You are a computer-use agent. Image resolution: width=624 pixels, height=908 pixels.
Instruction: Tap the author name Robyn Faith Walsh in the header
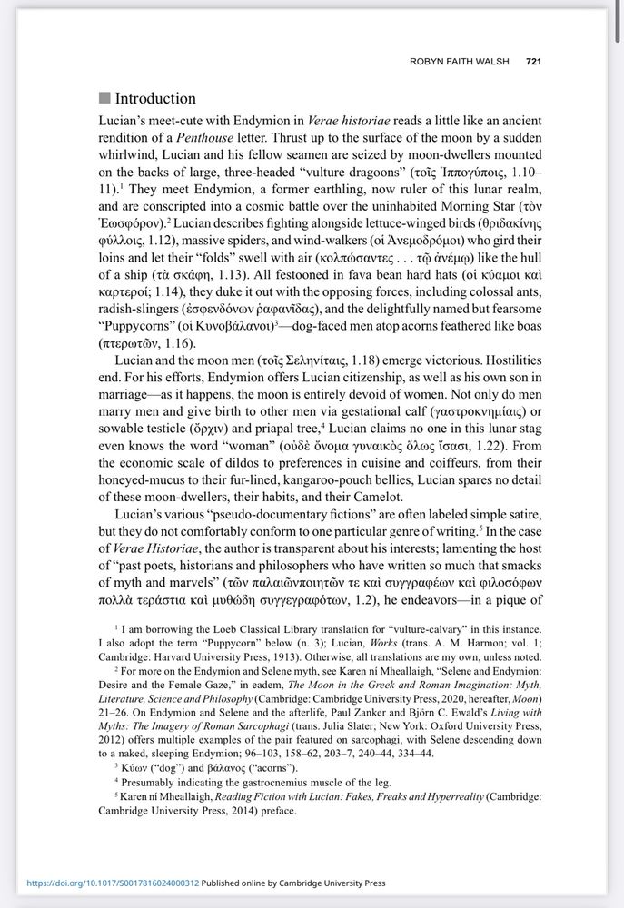(463, 62)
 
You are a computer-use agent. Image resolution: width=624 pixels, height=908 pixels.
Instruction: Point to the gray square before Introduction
(104, 98)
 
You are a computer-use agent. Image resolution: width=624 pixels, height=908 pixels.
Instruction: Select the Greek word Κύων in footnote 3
(135, 767)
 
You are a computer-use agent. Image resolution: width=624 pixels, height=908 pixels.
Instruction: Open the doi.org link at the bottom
(113, 882)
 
